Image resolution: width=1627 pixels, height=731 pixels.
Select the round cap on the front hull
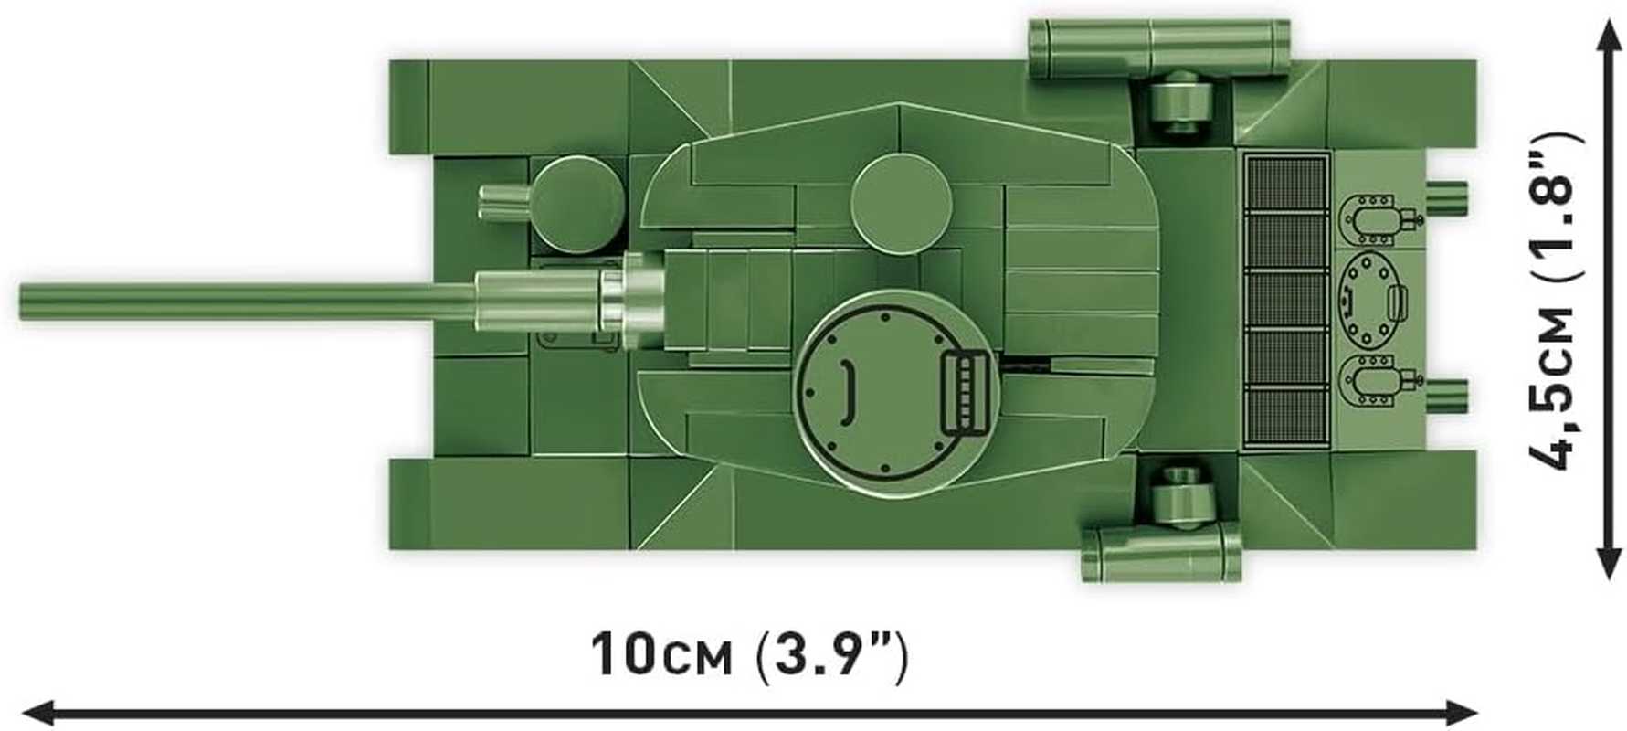(574, 205)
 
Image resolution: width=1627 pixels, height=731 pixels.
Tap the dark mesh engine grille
(1286, 301)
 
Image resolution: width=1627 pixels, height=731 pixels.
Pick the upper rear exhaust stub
(1446, 195)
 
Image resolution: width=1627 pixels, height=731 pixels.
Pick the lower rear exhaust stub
(1446, 392)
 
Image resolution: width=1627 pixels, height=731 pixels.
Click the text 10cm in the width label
(661, 655)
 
